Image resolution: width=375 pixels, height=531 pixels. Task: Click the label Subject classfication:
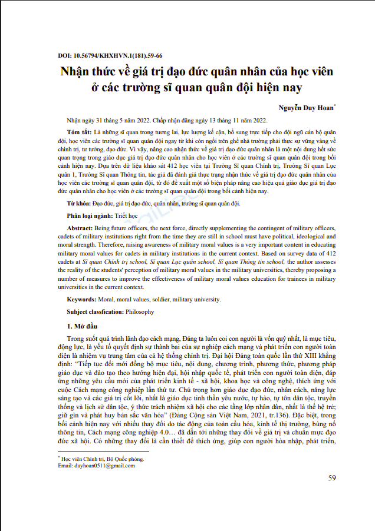(x=95, y=311)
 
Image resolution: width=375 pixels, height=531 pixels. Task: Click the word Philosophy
(x=140, y=311)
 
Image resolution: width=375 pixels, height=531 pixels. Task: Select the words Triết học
(x=125, y=215)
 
